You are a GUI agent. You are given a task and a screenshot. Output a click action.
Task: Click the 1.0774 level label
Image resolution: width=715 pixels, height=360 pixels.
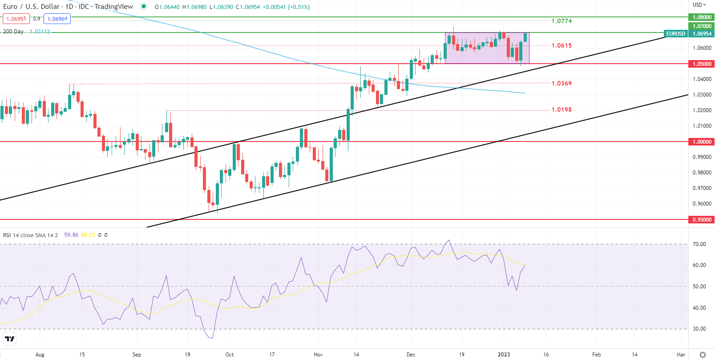[561, 21]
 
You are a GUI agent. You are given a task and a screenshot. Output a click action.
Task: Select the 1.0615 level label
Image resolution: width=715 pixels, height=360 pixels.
[561, 45]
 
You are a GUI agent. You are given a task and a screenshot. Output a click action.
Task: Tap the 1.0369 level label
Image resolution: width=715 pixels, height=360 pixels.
[561, 83]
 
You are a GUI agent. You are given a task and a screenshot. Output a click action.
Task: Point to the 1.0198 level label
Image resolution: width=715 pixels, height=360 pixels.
[561, 109]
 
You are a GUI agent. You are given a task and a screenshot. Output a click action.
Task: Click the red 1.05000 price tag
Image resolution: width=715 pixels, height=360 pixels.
[702, 64]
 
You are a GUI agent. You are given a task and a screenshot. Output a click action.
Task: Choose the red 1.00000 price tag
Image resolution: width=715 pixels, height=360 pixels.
[702, 142]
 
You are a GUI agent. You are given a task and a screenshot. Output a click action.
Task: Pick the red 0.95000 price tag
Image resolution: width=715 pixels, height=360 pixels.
[702, 220]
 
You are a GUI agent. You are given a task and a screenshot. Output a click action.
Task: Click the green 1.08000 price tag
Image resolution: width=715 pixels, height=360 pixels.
[702, 17]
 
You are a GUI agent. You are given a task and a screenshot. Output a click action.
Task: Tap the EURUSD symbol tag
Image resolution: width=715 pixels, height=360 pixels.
[675, 34]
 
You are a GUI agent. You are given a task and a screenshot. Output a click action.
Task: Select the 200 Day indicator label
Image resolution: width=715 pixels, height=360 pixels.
[13, 32]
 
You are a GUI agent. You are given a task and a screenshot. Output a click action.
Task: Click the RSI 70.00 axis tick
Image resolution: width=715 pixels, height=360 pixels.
[699, 244]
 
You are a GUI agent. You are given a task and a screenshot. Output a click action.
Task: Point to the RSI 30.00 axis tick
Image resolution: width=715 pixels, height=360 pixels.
[699, 329]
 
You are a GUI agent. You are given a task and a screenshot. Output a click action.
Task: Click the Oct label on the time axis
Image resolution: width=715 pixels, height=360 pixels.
[230, 355]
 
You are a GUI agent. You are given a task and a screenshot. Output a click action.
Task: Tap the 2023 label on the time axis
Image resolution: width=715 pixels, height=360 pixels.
[504, 355]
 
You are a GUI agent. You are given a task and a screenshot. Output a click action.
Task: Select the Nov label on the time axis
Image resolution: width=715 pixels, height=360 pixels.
[318, 355]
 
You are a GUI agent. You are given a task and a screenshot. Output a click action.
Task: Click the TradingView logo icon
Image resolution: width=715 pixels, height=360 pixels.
[9, 339]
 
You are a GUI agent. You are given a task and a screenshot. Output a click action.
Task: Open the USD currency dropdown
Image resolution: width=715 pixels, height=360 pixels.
[699, 5]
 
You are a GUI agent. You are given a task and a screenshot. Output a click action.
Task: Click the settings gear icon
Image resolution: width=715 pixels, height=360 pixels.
[703, 355]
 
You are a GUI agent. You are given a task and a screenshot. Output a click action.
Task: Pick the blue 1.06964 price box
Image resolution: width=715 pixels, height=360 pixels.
[57, 19]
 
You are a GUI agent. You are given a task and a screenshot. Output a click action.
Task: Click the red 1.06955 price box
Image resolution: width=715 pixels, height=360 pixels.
[16, 19]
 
